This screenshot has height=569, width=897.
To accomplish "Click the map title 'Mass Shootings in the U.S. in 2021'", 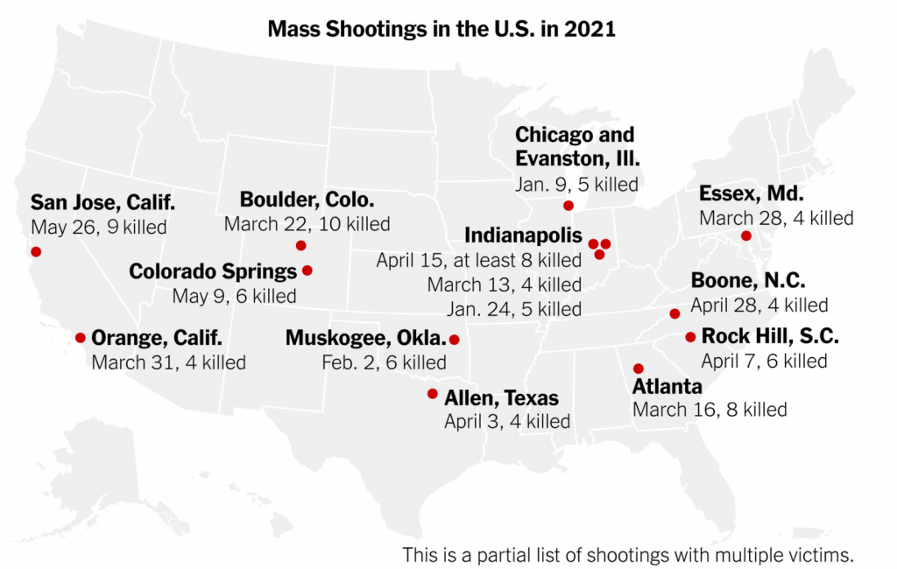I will (441, 29).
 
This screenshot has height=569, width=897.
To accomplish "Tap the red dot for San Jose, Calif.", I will (36, 251).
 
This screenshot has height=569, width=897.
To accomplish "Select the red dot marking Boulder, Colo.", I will (301, 246).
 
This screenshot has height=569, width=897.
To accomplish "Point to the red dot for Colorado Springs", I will (307, 270).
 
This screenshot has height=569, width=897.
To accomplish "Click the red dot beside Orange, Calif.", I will (81, 337).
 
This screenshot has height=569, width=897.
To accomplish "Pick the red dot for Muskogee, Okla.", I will (454, 339).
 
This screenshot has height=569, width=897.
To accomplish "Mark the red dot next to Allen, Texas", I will (432, 394).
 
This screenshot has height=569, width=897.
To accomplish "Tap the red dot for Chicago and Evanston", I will (568, 206).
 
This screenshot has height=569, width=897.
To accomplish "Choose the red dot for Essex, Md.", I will (745, 235).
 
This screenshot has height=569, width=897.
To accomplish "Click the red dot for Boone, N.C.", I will (675, 313).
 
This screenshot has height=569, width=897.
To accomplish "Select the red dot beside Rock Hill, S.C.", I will (690, 337).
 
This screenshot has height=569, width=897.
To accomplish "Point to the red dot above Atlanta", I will (639, 369).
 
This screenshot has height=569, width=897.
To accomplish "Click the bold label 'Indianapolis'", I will (523, 235).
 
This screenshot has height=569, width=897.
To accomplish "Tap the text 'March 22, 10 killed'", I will (307, 224).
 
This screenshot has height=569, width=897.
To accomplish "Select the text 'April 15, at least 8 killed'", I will (479, 260).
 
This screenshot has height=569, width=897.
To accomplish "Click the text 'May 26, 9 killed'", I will (99, 228).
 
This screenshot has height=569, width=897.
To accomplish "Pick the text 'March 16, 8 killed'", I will (710, 409).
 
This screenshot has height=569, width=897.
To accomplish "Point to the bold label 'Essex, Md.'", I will (751, 193).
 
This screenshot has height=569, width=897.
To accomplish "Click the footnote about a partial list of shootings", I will (627, 554).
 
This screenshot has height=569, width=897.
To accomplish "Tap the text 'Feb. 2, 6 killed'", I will (383, 362).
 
